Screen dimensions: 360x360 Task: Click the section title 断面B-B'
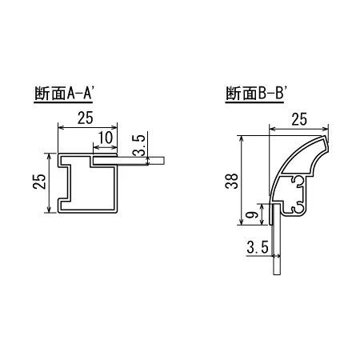257,93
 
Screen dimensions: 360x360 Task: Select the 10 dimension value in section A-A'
103,137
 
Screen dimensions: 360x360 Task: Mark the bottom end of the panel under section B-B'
276,272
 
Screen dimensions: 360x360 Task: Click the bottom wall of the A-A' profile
88,213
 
